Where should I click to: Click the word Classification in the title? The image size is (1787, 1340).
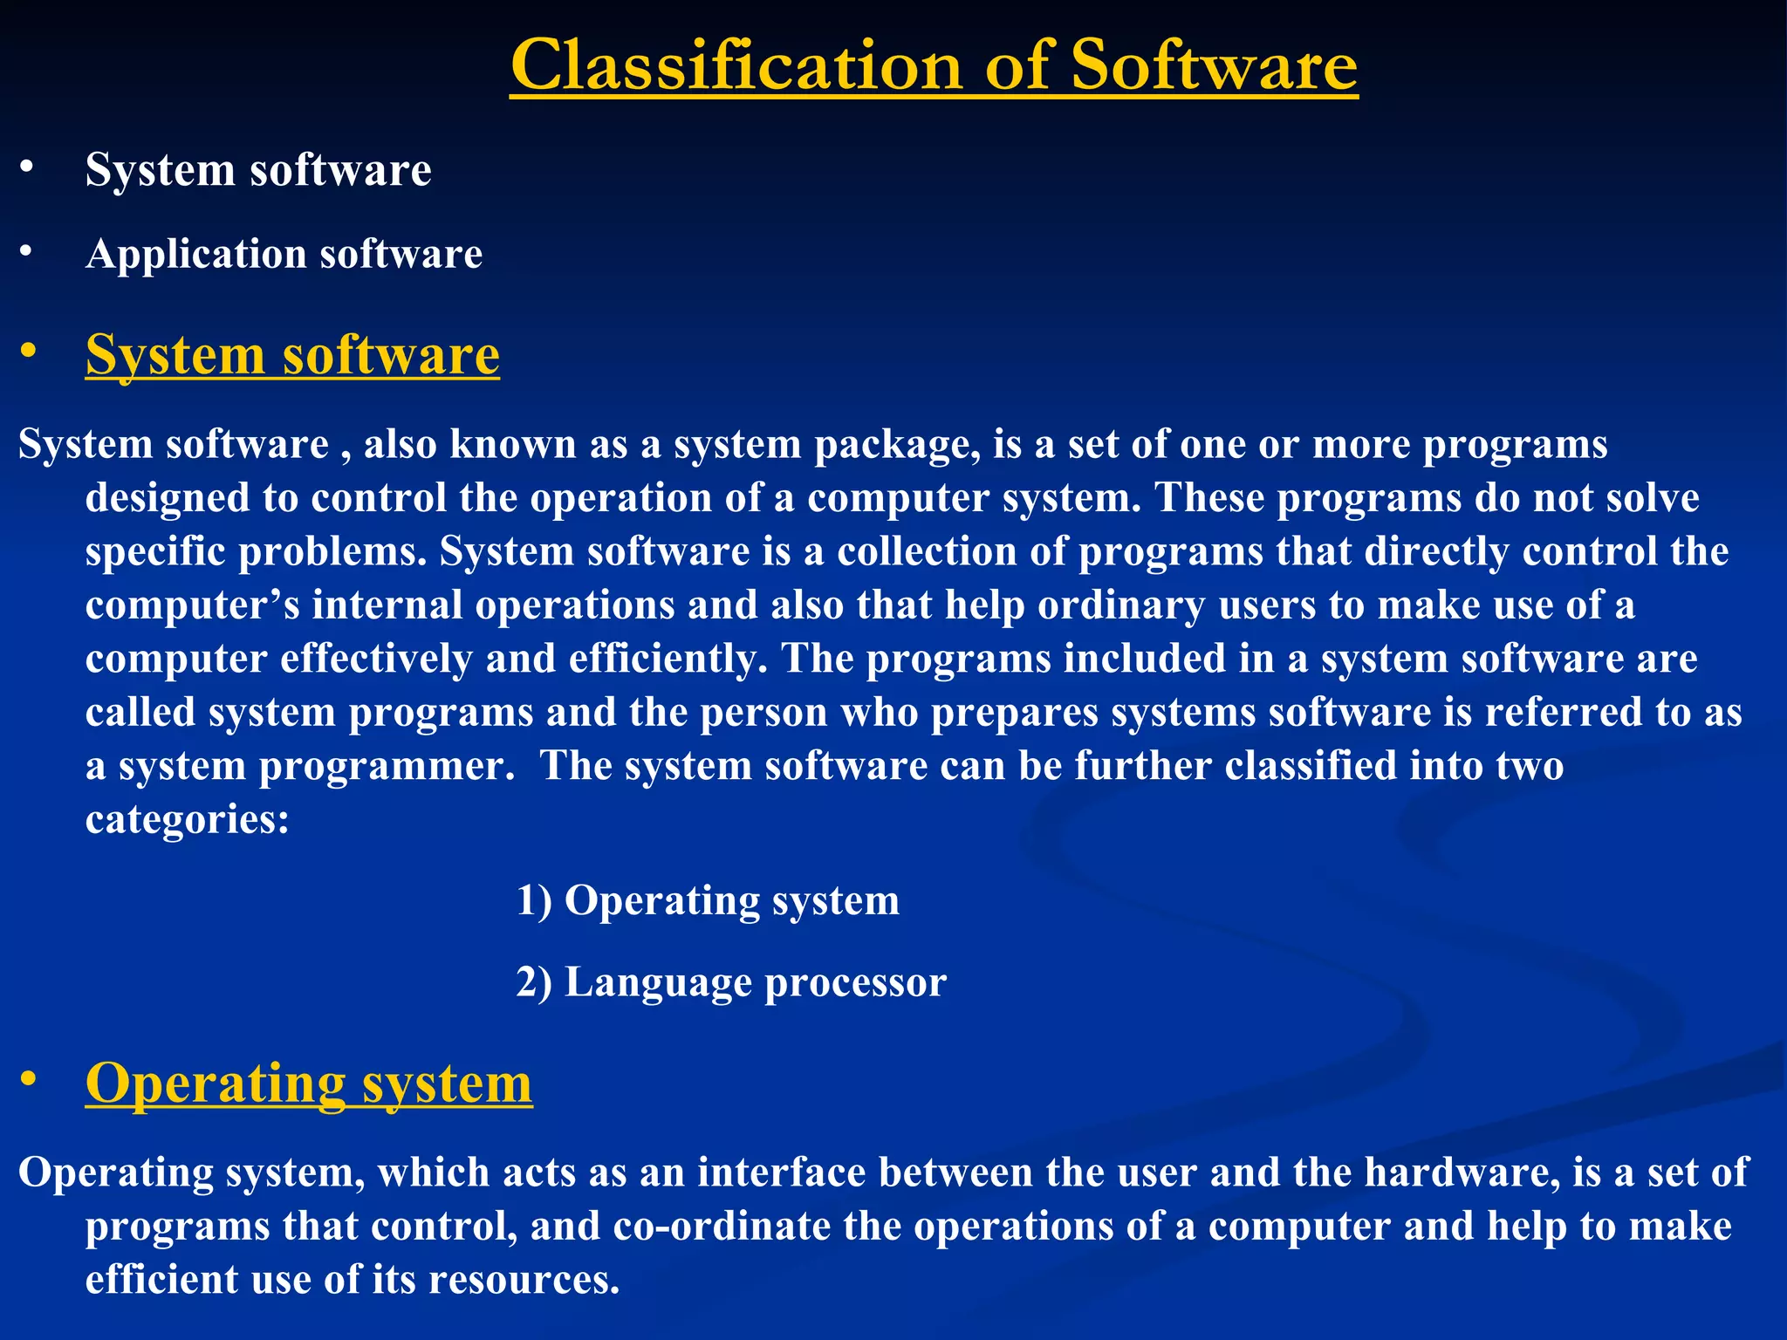(x=736, y=65)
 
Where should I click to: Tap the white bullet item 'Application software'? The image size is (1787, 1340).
(x=284, y=254)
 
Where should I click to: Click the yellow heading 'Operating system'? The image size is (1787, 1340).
(x=308, y=1083)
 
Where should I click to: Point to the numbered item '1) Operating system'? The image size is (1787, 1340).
(x=707, y=900)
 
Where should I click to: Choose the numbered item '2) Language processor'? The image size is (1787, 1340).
(x=730, y=982)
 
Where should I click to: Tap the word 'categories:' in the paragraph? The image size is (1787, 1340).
(x=187, y=819)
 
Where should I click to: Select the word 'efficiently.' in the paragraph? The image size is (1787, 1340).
(x=668, y=659)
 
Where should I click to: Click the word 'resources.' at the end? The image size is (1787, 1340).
(x=524, y=1280)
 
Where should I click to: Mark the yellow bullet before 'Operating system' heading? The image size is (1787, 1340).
(x=28, y=1080)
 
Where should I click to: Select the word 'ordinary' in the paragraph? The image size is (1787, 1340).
(x=1120, y=605)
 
